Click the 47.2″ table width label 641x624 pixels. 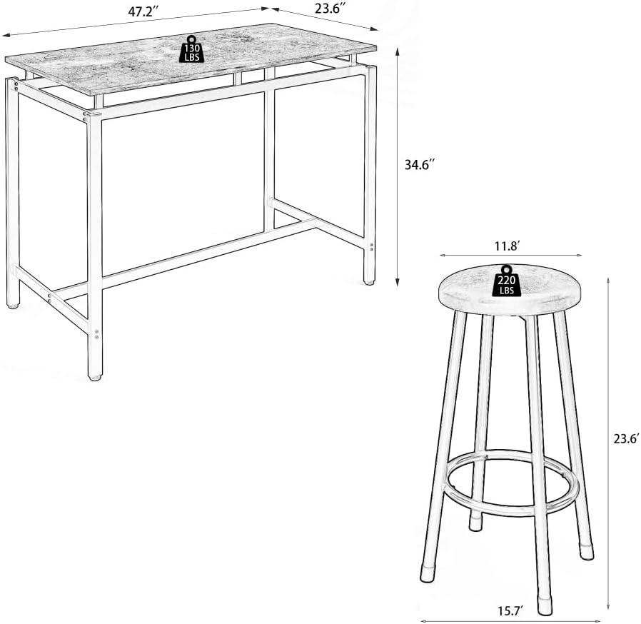point(140,12)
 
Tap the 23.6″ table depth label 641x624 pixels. point(328,9)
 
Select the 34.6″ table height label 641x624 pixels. point(419,164)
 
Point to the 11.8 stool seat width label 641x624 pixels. point(507,246)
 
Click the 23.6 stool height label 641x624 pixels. point(626,439)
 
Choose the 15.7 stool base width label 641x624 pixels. point(510,611)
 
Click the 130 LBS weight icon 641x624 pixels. point(191,49)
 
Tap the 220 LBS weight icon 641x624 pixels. point(507,281)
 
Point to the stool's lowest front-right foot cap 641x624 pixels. point(545,608)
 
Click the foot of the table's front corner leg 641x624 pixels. point(94,376)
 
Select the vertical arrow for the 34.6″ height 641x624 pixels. point(397,167)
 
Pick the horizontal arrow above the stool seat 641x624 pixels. point(510,255)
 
